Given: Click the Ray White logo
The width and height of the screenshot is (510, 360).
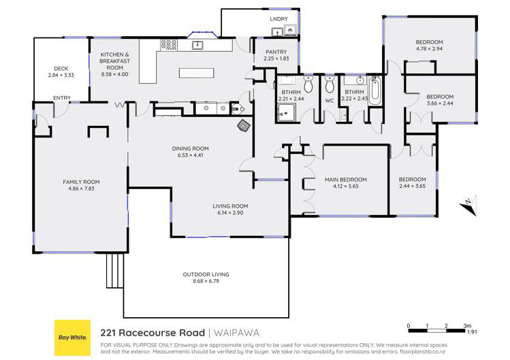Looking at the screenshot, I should point(72,338).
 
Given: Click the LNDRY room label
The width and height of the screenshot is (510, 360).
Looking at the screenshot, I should point(278,19).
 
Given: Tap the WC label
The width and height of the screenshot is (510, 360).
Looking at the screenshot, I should point(330,101).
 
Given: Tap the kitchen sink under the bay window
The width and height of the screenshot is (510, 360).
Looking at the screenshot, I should point(198,45).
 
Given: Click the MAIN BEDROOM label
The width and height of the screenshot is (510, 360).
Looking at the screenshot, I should point(345,180).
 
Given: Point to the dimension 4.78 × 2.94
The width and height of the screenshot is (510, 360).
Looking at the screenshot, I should point(429,49).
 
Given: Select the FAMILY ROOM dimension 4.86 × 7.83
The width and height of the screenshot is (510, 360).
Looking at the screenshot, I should point(81,189).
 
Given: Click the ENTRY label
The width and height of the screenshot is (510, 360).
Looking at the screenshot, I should point(61,98).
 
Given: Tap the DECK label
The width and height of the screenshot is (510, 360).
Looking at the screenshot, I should point(61,68).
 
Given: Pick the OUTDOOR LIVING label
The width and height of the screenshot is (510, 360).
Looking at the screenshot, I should point(206,274).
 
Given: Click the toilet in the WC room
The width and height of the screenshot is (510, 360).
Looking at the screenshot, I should point(330,86).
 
